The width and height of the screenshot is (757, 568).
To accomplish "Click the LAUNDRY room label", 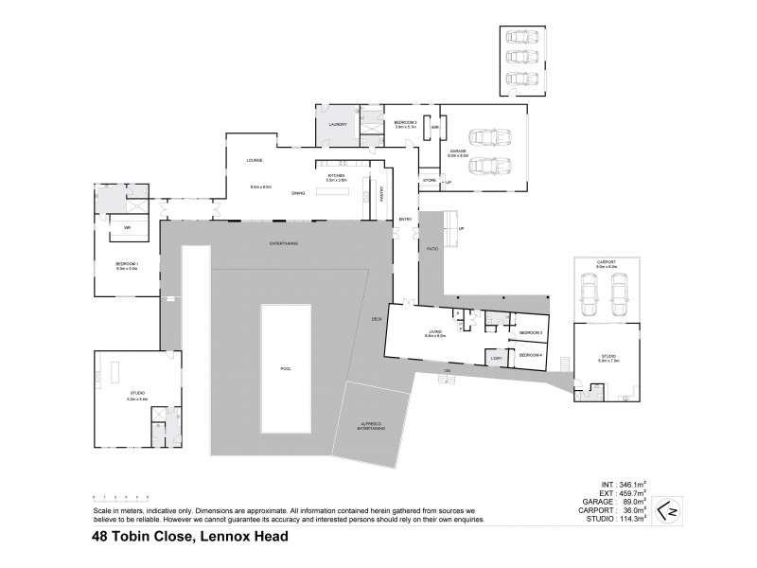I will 338,124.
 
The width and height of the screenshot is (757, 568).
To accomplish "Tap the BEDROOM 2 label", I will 405,122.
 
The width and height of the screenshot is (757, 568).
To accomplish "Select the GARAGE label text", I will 459,151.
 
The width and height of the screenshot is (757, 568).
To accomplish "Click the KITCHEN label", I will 337,176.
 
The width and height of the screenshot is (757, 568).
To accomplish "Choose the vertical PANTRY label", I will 381,194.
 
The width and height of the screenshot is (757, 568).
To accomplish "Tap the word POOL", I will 286,368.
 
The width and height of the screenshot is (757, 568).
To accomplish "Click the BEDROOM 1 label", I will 126,265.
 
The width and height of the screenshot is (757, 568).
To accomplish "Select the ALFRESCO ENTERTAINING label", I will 371,427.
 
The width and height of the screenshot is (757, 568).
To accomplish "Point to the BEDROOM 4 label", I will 530,354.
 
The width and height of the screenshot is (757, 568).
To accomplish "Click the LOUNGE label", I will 255,160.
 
